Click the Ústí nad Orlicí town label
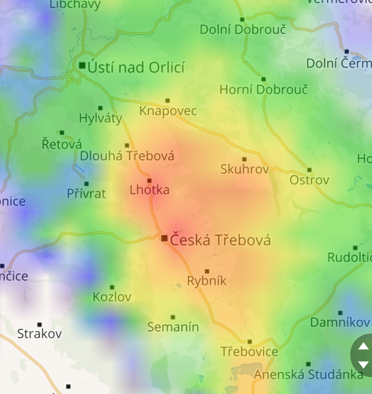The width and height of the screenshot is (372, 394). pos(136,67)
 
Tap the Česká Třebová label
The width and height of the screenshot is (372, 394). pos(220,240)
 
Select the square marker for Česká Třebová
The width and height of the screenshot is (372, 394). pos(164,238)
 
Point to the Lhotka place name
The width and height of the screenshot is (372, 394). pos(149,190)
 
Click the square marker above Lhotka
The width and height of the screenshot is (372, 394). pos(149,180)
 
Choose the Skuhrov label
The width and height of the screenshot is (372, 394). pos(245,169)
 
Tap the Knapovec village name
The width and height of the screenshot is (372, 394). pos(168,111)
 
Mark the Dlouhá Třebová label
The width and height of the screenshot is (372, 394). pos(127,156)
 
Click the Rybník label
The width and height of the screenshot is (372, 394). pos(207,281)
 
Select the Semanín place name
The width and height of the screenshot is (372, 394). pos(173,327)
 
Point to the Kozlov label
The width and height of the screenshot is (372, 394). pos(112,297)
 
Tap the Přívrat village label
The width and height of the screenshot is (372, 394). pos(86,194)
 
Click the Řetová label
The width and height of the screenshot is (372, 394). pos(62,144)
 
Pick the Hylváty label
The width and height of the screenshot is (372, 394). pos(101,118)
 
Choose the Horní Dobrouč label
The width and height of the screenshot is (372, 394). pos(263,90)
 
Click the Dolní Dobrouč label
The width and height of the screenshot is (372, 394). pos(243,30)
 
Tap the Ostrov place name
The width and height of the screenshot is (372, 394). pos(309,180)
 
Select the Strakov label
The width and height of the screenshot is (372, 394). pos(40,333)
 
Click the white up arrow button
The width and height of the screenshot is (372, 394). pos(363,346)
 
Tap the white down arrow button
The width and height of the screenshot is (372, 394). pos(363,365)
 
